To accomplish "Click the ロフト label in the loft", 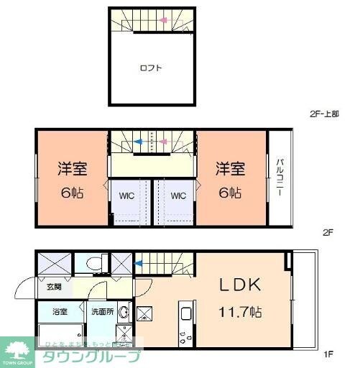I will point(151,69).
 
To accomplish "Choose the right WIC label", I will point(179,194).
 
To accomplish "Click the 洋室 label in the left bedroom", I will point(73,170).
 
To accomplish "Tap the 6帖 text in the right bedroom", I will point(231,193).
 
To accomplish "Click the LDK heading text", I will point(241,285).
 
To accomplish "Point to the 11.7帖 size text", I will point(241,313).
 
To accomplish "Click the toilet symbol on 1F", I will point(91,264).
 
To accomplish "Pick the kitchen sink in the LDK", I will point(185,314).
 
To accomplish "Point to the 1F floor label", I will point(328,353).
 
